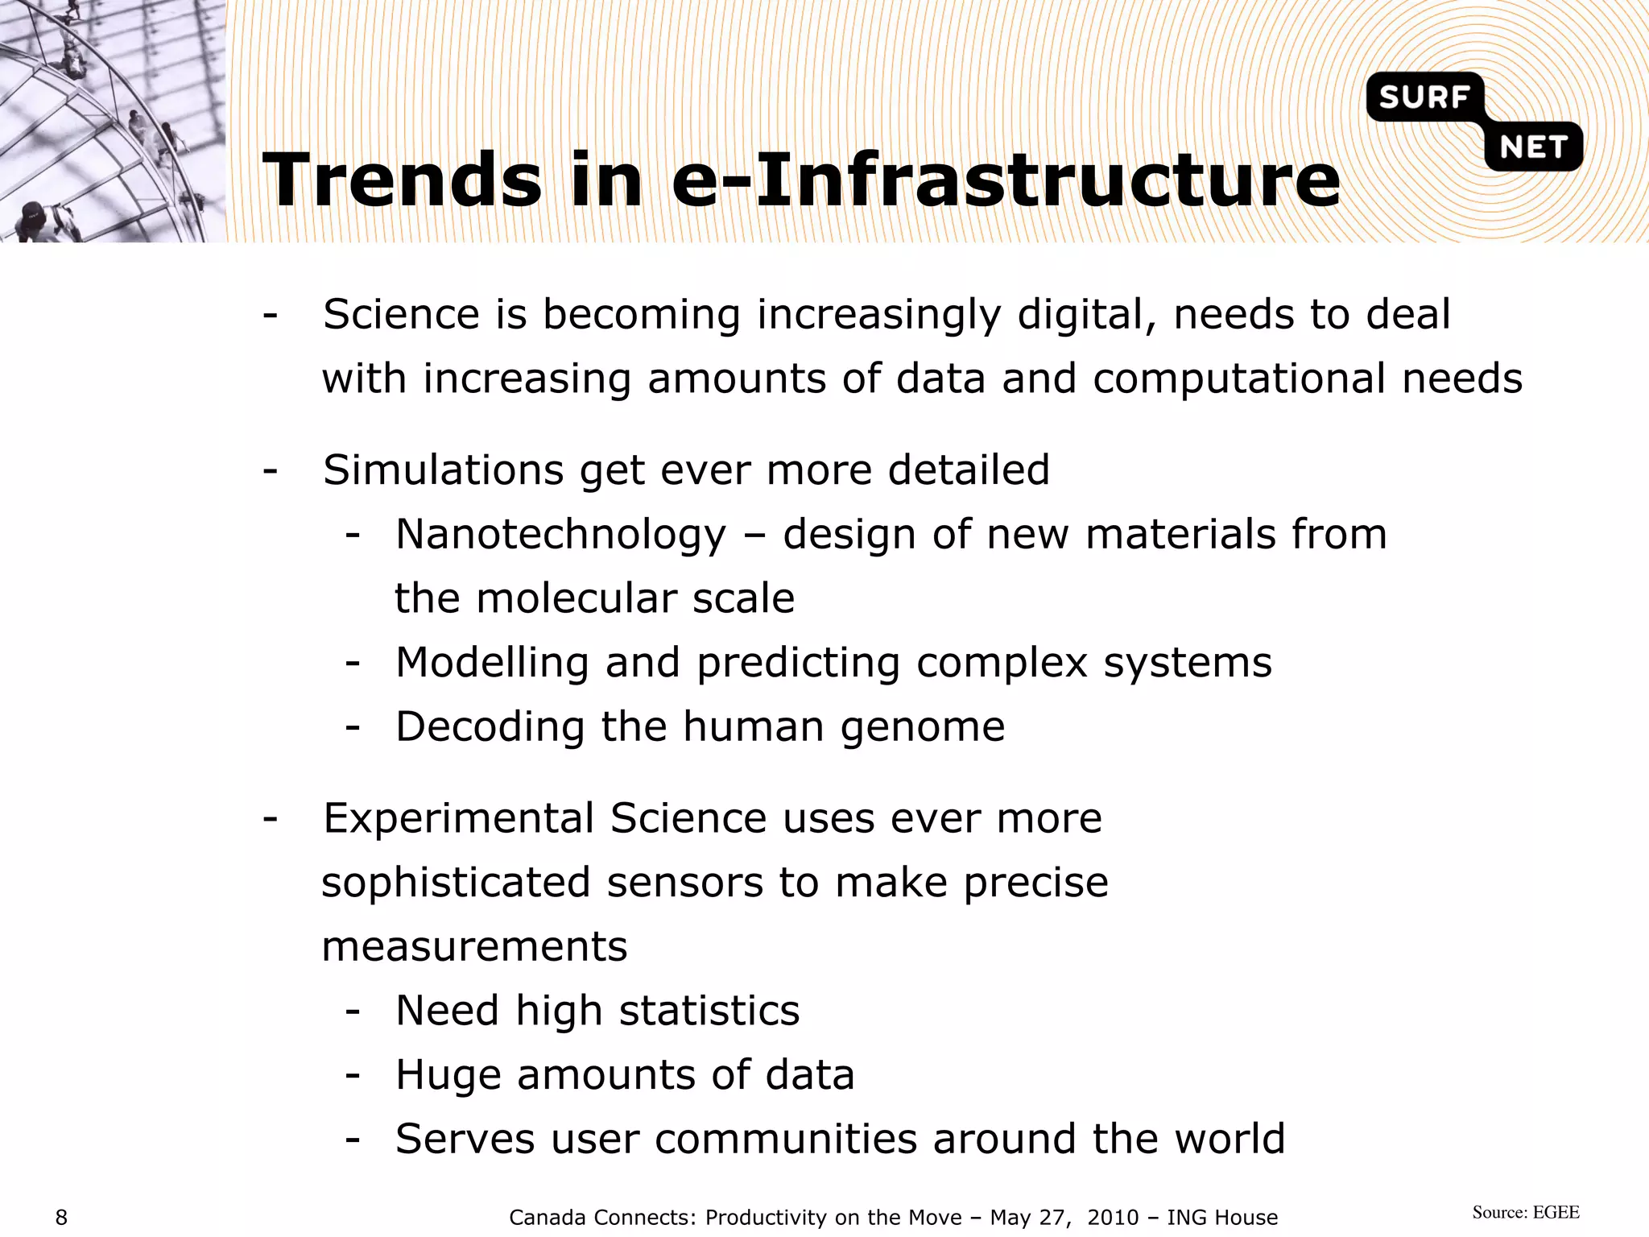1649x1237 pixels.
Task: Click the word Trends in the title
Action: tap(402, 180)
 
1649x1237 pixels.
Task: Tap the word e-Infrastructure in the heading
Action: tap(1006, 180)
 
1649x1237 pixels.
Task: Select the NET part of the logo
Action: tap(1533, 147)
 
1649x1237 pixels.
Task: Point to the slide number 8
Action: tap(61, 1218)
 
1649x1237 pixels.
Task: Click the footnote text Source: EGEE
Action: tap(1526, 1213)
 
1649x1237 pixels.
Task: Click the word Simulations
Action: tap(443, 470)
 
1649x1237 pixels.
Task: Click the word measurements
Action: tap(474, 947)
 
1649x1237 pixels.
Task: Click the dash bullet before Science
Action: tap(271, 314)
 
